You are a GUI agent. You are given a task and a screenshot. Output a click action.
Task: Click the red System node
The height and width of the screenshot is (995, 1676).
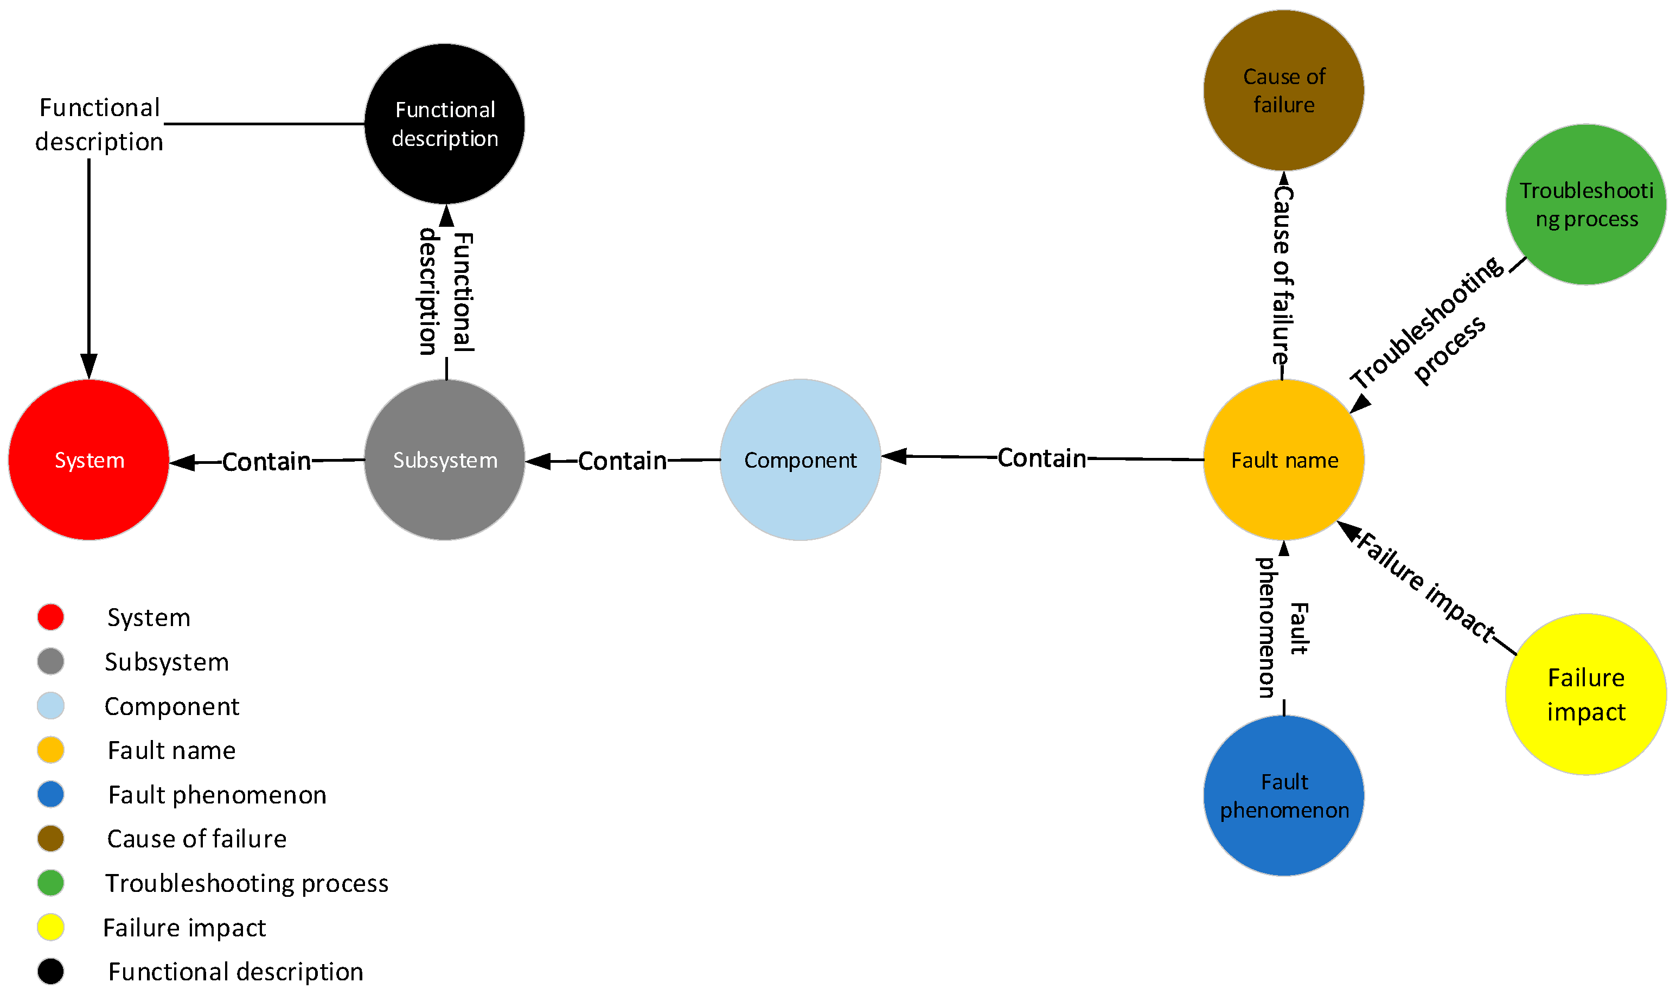coord(88,460)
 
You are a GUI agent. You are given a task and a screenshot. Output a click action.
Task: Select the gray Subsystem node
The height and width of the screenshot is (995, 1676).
coord(444,460)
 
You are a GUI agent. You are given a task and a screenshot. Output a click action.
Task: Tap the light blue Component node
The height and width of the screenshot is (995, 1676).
coord(800,460)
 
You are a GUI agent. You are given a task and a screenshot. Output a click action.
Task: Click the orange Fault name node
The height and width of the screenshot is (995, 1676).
coord(1283,460)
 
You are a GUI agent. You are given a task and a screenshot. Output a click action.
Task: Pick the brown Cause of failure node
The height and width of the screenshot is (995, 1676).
coord(1283,91)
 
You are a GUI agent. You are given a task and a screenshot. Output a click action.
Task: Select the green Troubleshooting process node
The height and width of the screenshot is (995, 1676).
coord(1585,205)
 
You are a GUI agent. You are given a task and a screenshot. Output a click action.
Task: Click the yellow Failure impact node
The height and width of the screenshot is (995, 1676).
coord(1585,694)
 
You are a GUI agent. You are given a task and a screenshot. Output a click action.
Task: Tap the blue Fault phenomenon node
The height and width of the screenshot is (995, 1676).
coord(1283,795)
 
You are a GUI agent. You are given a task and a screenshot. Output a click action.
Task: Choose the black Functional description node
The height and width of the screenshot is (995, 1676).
coord(444,124)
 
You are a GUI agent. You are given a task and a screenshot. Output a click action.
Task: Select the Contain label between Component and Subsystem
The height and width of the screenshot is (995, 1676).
coord(622,461)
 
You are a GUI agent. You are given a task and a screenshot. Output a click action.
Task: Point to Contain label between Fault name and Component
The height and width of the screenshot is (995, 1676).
coord(1041,458)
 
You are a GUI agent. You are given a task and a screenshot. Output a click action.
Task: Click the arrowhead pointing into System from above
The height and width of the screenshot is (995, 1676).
coord(88,367)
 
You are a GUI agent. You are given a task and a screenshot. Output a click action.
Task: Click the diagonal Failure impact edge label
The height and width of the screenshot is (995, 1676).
coord(1425,586)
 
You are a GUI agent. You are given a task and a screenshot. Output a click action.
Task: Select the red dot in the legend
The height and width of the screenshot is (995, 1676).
coord(51,617)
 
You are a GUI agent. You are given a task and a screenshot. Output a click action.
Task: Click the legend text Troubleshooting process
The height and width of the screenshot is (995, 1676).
coord(247,884)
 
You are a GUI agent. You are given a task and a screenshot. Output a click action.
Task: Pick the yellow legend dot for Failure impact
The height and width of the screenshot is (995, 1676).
coord(51,927)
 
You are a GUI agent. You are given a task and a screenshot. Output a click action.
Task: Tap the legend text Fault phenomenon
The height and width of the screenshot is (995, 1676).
coord(217,795)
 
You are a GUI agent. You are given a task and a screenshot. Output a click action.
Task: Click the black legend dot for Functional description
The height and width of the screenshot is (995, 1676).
coord(51,972)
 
